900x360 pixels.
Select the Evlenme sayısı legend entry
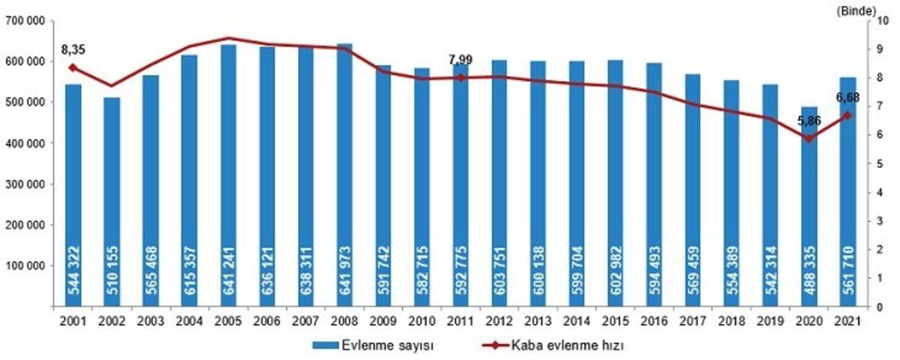tap(367, 346)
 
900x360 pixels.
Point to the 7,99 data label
tap(460, 59)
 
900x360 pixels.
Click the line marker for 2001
tap(73, 67)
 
